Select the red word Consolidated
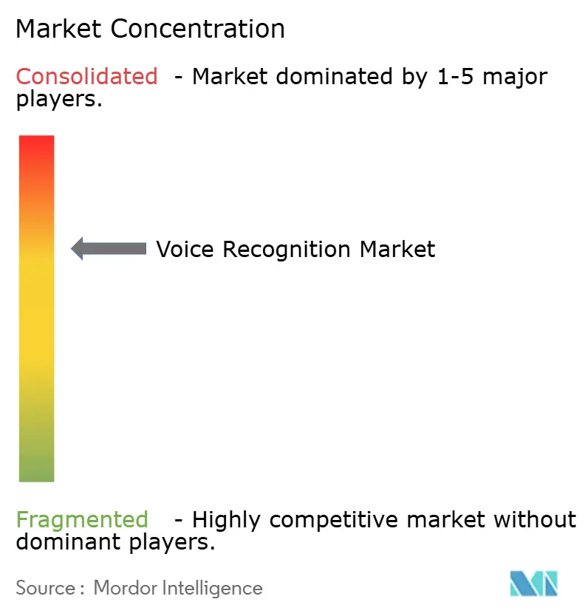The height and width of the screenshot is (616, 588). pyautogui.click(x=86, y=76)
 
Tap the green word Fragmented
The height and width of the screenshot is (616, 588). pyautogui.click(x=82, y=519)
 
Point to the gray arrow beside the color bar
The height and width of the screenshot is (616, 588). pyautogui.click(x=109, y=249)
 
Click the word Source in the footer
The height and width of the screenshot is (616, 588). pyautogui.click(x=45, y=588)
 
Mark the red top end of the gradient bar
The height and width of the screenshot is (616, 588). pyautogui.click(x=36, y=144)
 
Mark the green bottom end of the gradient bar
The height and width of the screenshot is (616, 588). pyautogui.click(x=36, y=473)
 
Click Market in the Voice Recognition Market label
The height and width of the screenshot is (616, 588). pyautogui.click(x=397, y=249)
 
